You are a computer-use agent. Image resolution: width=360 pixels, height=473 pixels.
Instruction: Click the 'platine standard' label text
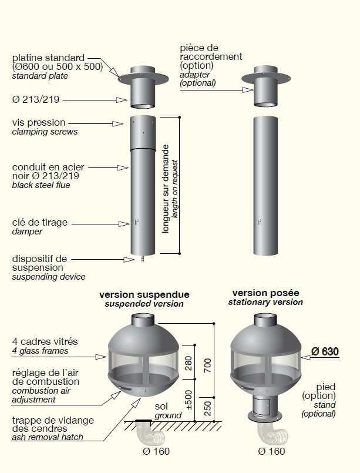coord(48,58)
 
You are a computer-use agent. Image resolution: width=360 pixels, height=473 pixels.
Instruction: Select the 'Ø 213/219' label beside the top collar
coord(36,99)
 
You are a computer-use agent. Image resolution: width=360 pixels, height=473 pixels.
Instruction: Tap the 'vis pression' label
coord(39,122)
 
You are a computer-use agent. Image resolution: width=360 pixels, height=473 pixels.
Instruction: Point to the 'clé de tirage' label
coord(40,223)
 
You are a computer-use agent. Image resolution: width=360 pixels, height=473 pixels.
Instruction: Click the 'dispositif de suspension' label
coord(39,263)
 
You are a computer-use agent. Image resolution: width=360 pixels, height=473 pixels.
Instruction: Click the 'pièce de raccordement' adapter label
coord(211,52)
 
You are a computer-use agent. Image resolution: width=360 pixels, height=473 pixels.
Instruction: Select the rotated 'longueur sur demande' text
coord(166,189)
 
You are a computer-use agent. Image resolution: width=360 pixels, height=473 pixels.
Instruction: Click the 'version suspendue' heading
coord(144,294)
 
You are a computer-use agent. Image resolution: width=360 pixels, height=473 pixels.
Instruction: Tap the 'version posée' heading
coord(265,293)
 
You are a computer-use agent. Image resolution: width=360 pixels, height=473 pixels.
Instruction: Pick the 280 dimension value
coord(188,363)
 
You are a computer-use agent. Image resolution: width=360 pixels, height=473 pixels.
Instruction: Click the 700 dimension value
coord(208,365)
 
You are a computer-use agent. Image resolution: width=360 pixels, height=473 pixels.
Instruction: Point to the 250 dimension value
coord(208,408)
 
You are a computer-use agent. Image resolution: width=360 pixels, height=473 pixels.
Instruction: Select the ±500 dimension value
coord(188,400)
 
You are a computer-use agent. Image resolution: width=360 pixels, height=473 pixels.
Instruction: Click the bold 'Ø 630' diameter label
coord(325,351)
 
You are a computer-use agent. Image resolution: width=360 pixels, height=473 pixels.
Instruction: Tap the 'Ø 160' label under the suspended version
coord(156,451)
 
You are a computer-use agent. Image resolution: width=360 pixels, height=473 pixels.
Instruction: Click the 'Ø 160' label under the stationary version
coord(271,451)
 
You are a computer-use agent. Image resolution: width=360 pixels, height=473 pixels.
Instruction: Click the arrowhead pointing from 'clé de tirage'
coord(124,224)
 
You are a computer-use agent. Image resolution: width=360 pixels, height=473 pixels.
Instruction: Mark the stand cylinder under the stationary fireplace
coord(265,406)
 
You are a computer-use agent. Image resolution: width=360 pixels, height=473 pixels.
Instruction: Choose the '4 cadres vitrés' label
coord(45,341)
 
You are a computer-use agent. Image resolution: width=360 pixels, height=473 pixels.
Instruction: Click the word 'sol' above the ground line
coord(162,407)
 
